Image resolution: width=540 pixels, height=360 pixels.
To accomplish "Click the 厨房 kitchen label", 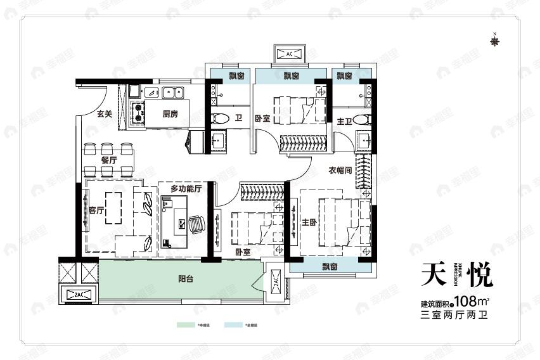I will [x=170, y=115].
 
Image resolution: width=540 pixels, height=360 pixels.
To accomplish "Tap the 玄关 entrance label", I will [x=105, y=115].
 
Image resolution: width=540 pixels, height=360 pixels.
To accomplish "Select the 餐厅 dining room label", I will [x=109, y=160].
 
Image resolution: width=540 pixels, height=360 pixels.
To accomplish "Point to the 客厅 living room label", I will [x=96, y=211].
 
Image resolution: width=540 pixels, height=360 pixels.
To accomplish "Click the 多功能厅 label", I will [x=186, y=189].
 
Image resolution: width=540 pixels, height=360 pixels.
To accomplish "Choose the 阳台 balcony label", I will [x=186, y=277].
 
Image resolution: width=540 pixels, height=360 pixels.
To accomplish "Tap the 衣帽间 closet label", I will [x=341, y=170].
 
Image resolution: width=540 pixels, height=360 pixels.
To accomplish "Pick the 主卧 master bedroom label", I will [x=309, y=222].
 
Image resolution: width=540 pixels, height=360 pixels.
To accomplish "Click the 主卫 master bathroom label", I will [x=344, y=121].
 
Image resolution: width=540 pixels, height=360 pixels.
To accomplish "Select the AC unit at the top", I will [x=290, y=54].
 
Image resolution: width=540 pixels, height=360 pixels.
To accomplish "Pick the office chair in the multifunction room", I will [x=197, y=222].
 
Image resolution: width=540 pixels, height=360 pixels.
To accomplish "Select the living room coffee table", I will [x=115, y=208].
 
